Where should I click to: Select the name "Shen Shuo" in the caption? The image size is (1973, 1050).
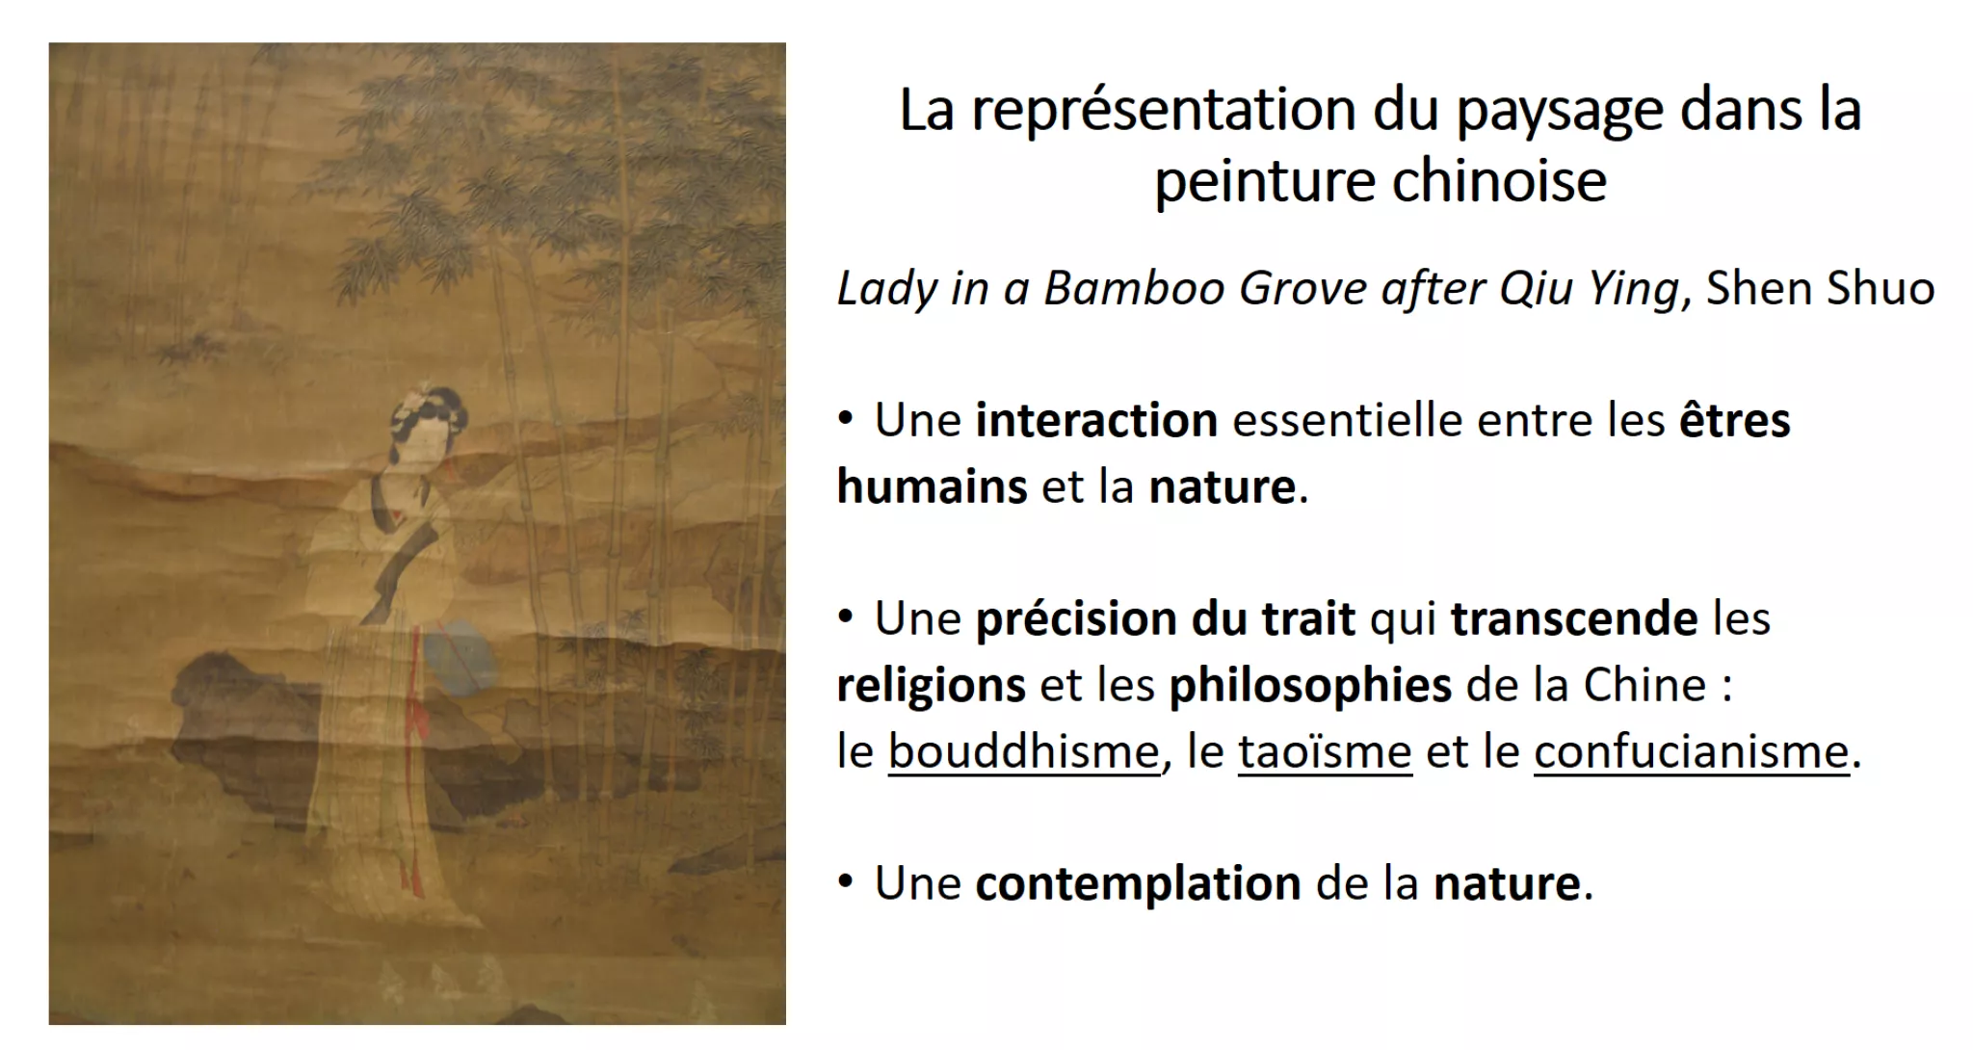1820,289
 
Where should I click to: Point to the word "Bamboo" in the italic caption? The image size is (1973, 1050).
1134,289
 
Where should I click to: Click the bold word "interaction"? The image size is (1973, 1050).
1096,421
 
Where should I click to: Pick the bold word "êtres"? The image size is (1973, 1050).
1735,421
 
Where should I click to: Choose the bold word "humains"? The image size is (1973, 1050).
932,486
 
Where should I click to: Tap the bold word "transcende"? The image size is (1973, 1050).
1574,619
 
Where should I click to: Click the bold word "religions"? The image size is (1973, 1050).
931,686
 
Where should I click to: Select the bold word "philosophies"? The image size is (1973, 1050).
1310,686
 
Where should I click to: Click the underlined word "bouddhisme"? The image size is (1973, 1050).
1024,752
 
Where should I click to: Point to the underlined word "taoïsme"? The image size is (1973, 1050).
1325,752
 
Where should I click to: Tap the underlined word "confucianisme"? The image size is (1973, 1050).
1692,752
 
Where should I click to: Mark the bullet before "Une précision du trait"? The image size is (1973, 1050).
846,617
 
